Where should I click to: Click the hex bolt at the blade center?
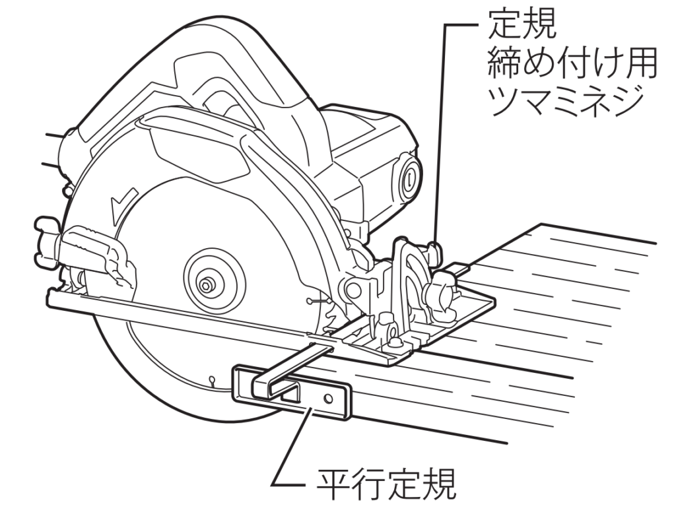point(206,284)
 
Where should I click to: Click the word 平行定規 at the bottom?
point(386,484)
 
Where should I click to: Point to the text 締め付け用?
point(572,63)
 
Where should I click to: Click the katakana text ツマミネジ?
point(564,101)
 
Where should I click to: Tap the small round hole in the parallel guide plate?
point(329,399)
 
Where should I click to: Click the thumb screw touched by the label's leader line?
point(434,253)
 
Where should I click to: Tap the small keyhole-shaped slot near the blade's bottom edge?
point(211,380)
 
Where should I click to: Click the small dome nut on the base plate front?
point(393,343)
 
